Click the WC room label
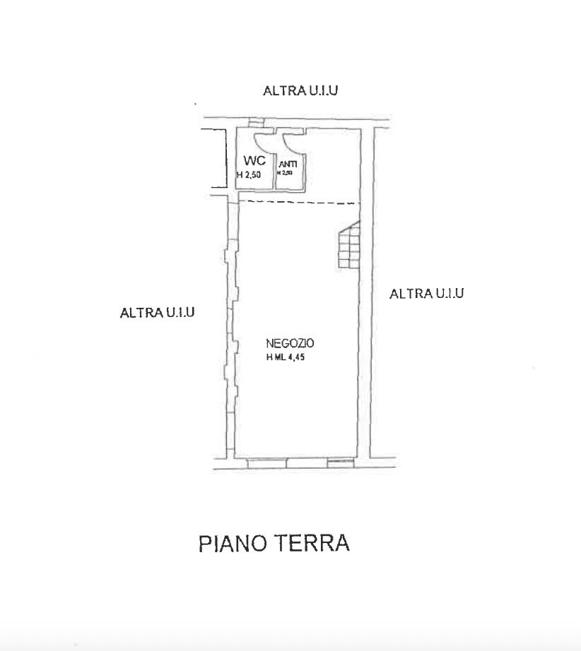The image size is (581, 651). pos(254,160)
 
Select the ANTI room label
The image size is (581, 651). pos(288,164)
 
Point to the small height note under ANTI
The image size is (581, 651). pos(284,172)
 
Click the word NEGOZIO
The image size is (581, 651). pos(290,344)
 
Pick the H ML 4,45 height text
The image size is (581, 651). pos(290,357)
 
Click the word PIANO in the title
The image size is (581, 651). pos(231,544)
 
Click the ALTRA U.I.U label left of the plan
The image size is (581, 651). pos(157,312)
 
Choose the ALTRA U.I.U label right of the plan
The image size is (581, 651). pos(426,293)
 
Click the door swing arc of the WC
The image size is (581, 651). pos(261,141)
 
